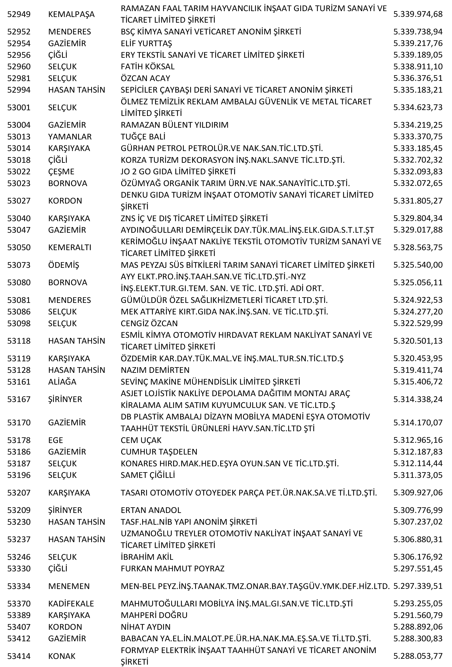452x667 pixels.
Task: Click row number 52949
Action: point(19,14)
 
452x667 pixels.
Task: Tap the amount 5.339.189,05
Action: point(418,55)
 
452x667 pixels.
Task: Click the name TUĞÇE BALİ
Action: point(143,137)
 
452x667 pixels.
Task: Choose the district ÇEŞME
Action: point(61,172)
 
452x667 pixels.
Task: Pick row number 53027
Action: point(19,201)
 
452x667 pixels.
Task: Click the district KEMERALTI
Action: point(70,247)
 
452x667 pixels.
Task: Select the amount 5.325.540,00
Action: point(418,265)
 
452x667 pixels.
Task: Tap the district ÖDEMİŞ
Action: point(63,265)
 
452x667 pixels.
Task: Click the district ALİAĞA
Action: point(62,382)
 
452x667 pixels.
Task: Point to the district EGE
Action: point(55,440)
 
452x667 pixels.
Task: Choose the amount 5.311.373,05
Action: point(418,475)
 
